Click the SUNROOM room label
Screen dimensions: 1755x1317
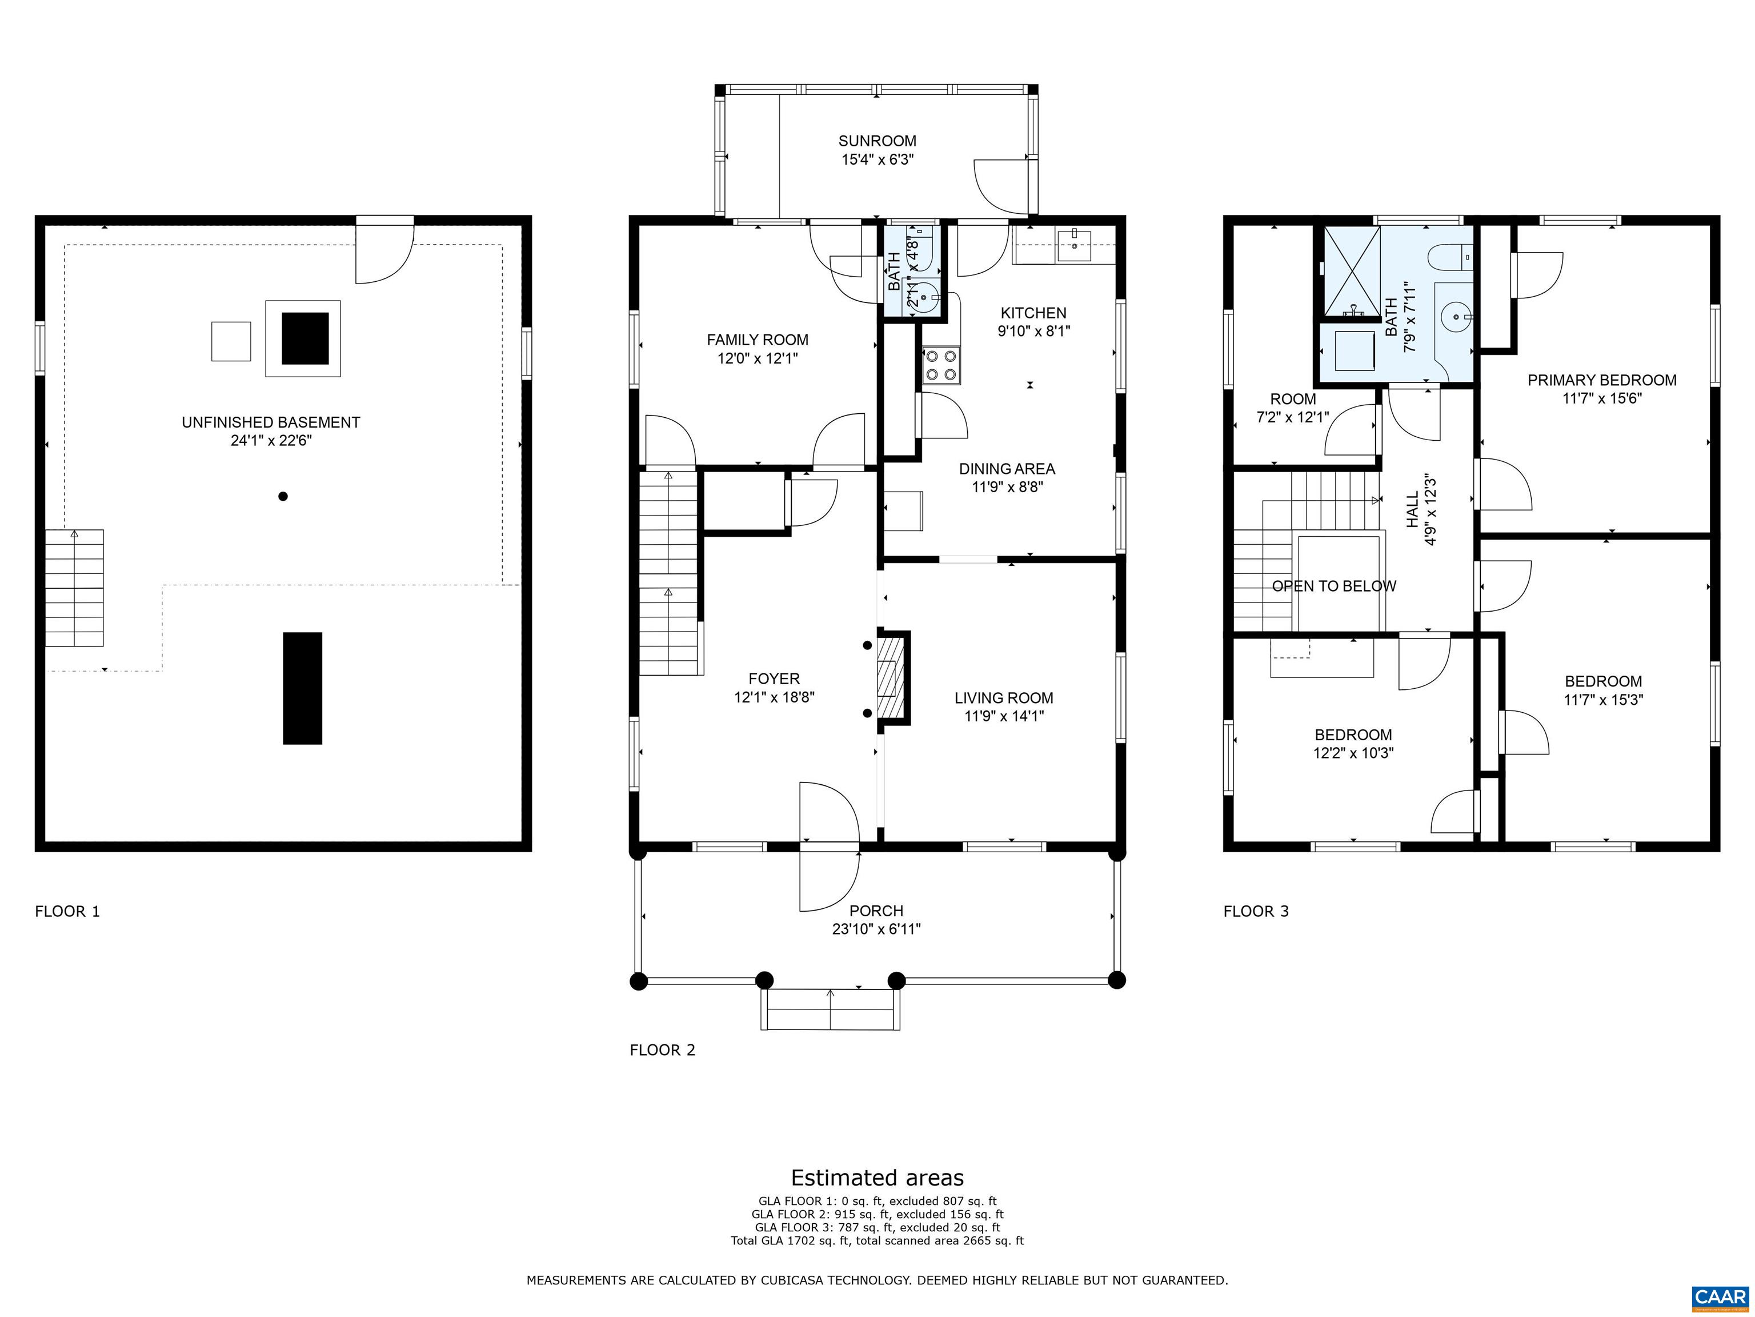point(877,141)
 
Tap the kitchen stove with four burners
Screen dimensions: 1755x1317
point(940,366)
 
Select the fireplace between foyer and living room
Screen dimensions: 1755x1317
point(892,678)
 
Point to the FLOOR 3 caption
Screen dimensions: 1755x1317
point(1256,911)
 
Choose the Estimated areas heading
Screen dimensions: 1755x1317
point(877,1178)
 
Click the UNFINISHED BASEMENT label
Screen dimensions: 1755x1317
point(271,422)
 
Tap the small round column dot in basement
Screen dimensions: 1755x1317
point(282,496)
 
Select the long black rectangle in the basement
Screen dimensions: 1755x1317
point(302,688)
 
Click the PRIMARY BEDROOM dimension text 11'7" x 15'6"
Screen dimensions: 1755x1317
point(1602,398)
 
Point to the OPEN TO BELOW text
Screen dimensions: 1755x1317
point(1334,586)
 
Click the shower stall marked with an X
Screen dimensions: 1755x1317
point(1351,271)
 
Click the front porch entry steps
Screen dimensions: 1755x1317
point(831,1010)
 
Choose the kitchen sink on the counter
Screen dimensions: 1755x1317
point(1075,239)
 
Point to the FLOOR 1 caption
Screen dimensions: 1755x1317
point(67,911)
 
